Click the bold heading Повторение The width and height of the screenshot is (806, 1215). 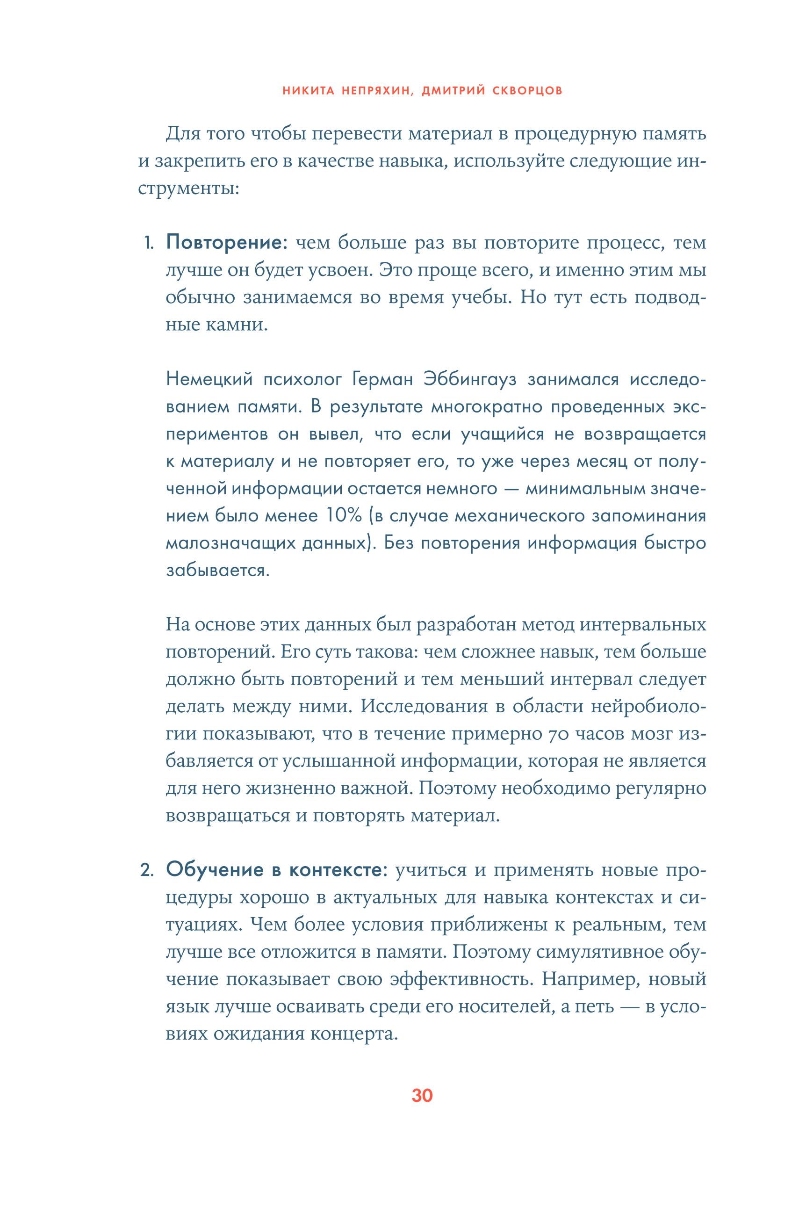pos(224,243)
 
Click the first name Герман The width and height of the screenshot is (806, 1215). pos(383,380)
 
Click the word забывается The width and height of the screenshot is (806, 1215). pos(217,570)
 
